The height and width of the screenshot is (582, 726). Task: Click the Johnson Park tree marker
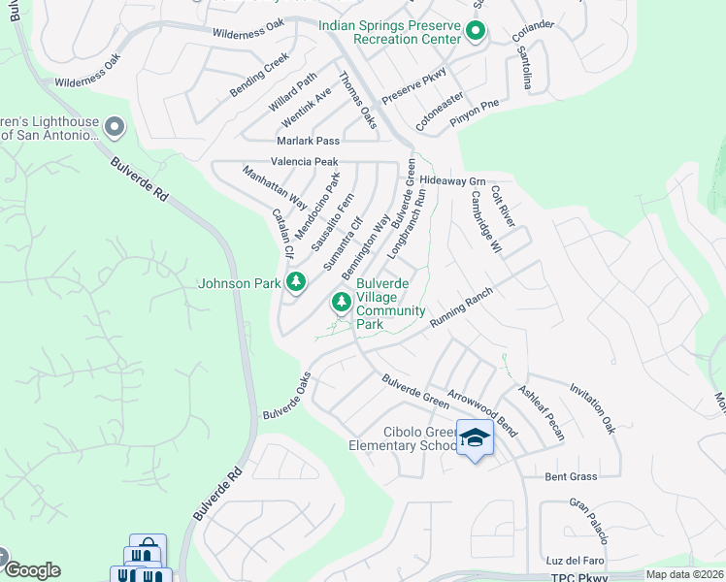pos(296,283)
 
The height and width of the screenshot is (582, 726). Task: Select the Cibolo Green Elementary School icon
pos(475,438)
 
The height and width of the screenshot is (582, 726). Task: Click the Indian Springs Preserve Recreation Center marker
pos(475,32)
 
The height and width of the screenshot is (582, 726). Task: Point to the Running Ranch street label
pos(461,306)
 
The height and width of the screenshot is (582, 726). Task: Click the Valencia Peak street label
pos(304,162)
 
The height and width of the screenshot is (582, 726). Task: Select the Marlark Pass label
pos(308,141)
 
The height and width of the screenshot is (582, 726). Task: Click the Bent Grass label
pos(570,477)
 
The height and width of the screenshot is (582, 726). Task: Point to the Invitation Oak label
pos(593,406)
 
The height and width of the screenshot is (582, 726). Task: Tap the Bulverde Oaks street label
pos(286,396)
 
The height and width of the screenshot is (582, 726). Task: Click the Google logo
pos(31,570)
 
